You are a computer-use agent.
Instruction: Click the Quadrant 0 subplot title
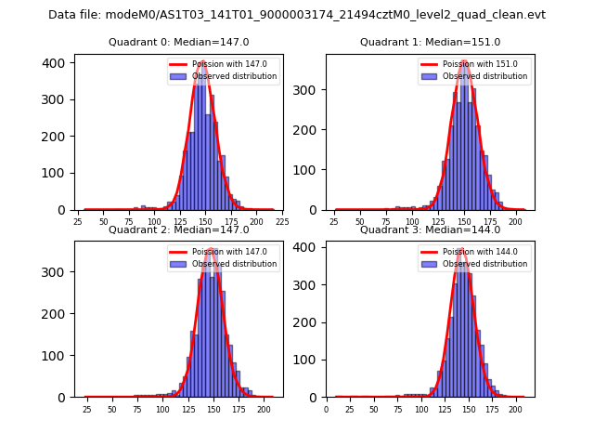coord(178,42)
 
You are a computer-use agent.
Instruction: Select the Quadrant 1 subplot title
coord(430,42)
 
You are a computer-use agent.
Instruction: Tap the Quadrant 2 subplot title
coord(178,230)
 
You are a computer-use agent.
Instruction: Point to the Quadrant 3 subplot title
coord(430,230)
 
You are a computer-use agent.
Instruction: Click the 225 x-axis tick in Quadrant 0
coord(282,222)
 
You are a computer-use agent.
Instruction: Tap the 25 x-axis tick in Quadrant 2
coord(86,409)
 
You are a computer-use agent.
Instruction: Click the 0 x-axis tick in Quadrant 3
coord(326,409)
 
